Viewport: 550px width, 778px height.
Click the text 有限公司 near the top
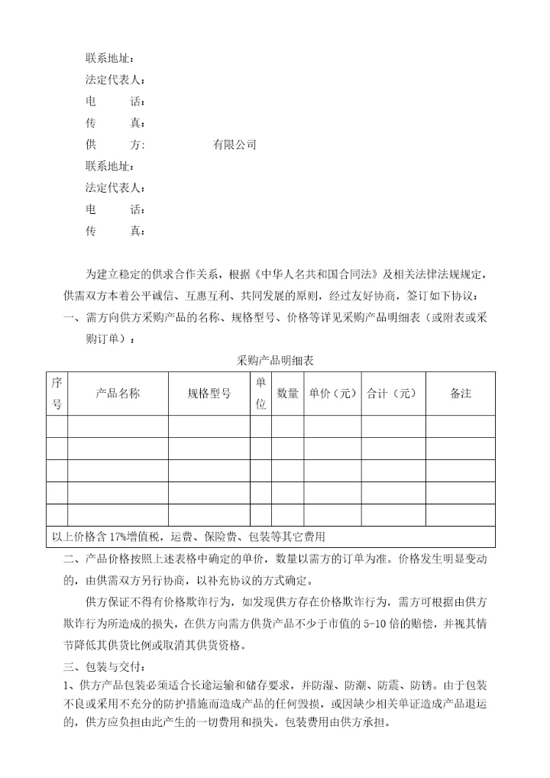[x=235, y=144]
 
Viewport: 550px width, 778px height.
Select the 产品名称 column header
[x=118, y=394]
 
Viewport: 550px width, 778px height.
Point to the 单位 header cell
[x=260, y=394]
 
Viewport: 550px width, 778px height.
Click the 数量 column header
[x=287, y=394]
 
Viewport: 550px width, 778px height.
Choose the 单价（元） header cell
[x=332, y=394]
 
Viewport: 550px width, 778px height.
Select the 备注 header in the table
[x=461, y=394]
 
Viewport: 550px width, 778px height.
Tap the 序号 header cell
[x=57, y=394]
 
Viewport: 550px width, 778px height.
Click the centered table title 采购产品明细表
[x=276, y=360]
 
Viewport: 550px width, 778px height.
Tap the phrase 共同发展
[x=259, y=296]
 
